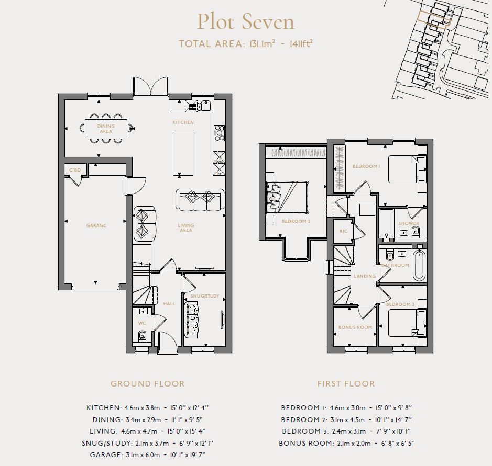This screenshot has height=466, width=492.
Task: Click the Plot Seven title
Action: click(245, 22)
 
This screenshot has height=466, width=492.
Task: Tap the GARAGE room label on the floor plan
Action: click(96, 225)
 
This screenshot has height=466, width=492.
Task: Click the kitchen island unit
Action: click(183, 154)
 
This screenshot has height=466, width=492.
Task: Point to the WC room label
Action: click(141, 323)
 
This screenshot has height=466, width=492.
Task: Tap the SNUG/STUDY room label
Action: click(205, 297)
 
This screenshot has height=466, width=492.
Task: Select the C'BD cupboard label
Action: click(75, 170)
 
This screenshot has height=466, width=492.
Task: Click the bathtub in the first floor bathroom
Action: click(419, 265)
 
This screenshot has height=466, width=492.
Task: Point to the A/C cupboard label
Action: click(343, 231)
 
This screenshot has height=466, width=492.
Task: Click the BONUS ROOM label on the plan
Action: click(355, 327)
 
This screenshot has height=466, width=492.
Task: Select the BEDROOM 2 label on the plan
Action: click(296, 221)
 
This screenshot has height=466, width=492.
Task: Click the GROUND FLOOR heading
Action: click(147, 383)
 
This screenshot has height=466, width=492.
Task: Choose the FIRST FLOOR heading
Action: click(346, 383)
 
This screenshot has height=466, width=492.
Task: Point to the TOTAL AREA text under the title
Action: click(246, 44)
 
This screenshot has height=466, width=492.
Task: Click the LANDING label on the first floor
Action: click(365, 276)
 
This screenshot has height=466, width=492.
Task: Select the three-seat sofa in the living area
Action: click(200, 200)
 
